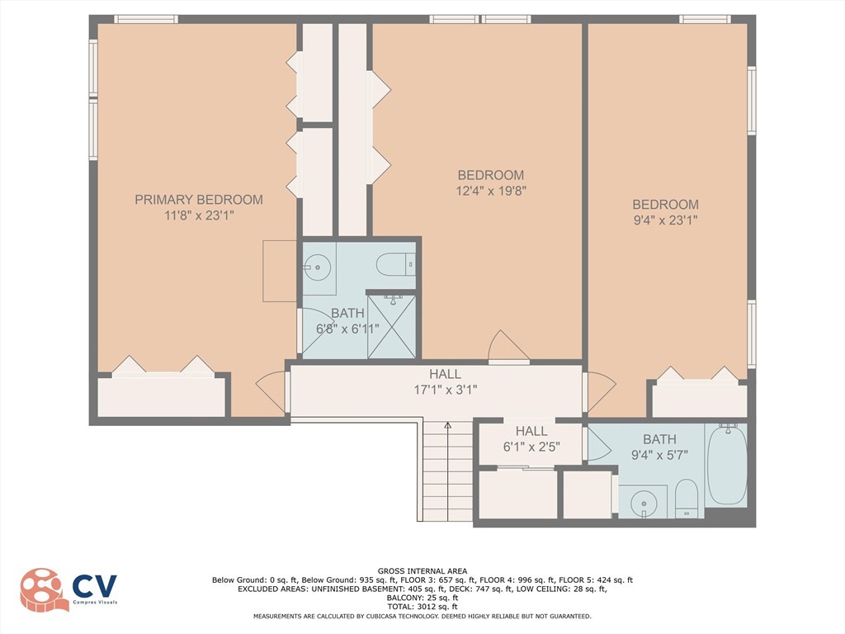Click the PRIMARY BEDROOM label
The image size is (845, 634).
click(199, 200)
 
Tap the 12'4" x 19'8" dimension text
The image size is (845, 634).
click(491, 191)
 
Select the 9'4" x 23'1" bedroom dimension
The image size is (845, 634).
click(666, 220)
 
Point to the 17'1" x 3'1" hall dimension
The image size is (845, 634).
click(445, 390)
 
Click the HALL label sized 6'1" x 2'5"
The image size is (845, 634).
click(531, 431)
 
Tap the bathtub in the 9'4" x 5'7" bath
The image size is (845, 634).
click(727, 464)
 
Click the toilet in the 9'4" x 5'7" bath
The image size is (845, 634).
click(686, 497)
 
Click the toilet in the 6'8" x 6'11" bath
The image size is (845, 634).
click(395, 265)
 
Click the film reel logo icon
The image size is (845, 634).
click(45, 589)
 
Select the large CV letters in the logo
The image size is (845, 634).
click(95, 586)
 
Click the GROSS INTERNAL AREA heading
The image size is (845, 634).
click(422, 571)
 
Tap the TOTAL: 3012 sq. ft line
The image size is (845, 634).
click(422, 607)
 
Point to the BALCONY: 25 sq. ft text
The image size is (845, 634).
click(422, 598)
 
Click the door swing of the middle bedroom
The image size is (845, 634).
click(507, 345)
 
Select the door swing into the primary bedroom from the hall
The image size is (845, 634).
click(271, 392)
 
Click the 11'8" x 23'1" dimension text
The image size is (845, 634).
click(199, 215)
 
